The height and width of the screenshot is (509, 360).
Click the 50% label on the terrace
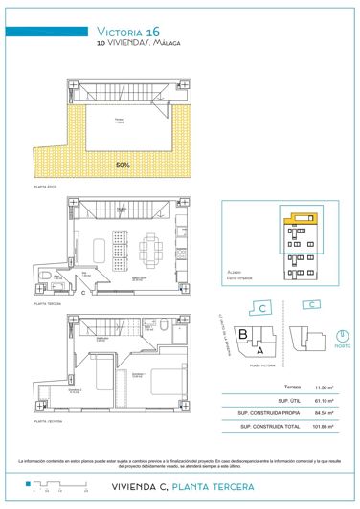point(123,165)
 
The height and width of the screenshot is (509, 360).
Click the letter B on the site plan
point(244,335)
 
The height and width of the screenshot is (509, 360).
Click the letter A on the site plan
point(259,349)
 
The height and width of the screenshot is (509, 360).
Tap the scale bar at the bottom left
point(47,486)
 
